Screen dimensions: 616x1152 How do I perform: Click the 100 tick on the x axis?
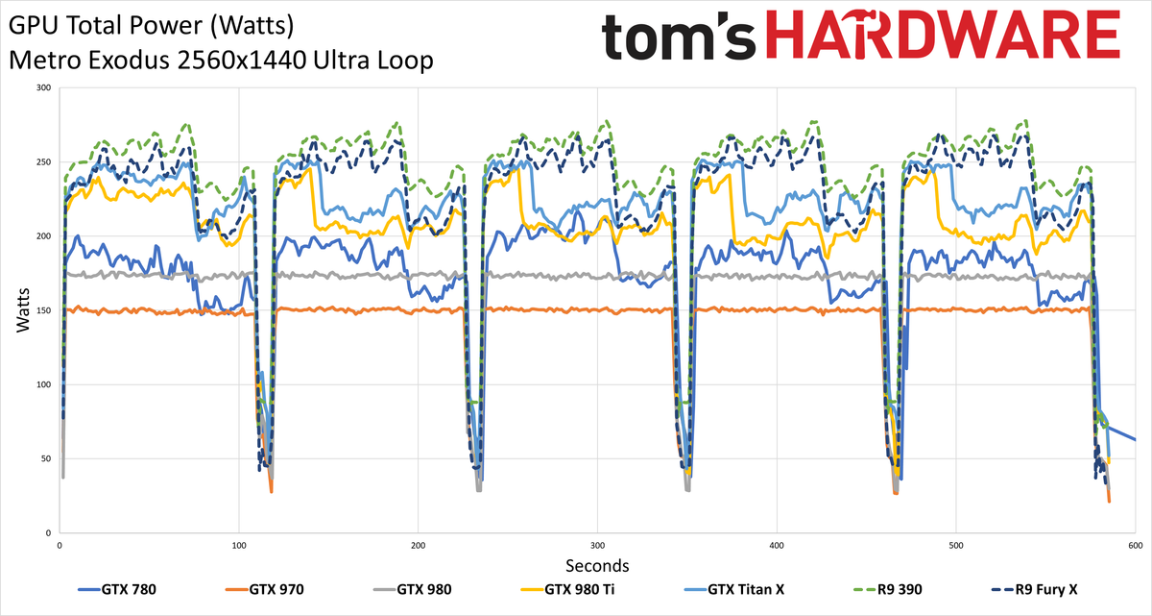pyautogui.click(x=238, y=545)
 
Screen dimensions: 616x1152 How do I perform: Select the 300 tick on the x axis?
pyautogui.click(x=597, y=545)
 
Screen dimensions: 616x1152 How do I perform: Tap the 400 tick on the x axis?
pyautogui.click(x=777, y=545)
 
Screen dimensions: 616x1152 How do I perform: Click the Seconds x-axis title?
pyautogui.click(x=596, y=564)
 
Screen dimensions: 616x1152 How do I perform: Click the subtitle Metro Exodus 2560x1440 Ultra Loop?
pyautogui.click(x=220, y=60)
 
